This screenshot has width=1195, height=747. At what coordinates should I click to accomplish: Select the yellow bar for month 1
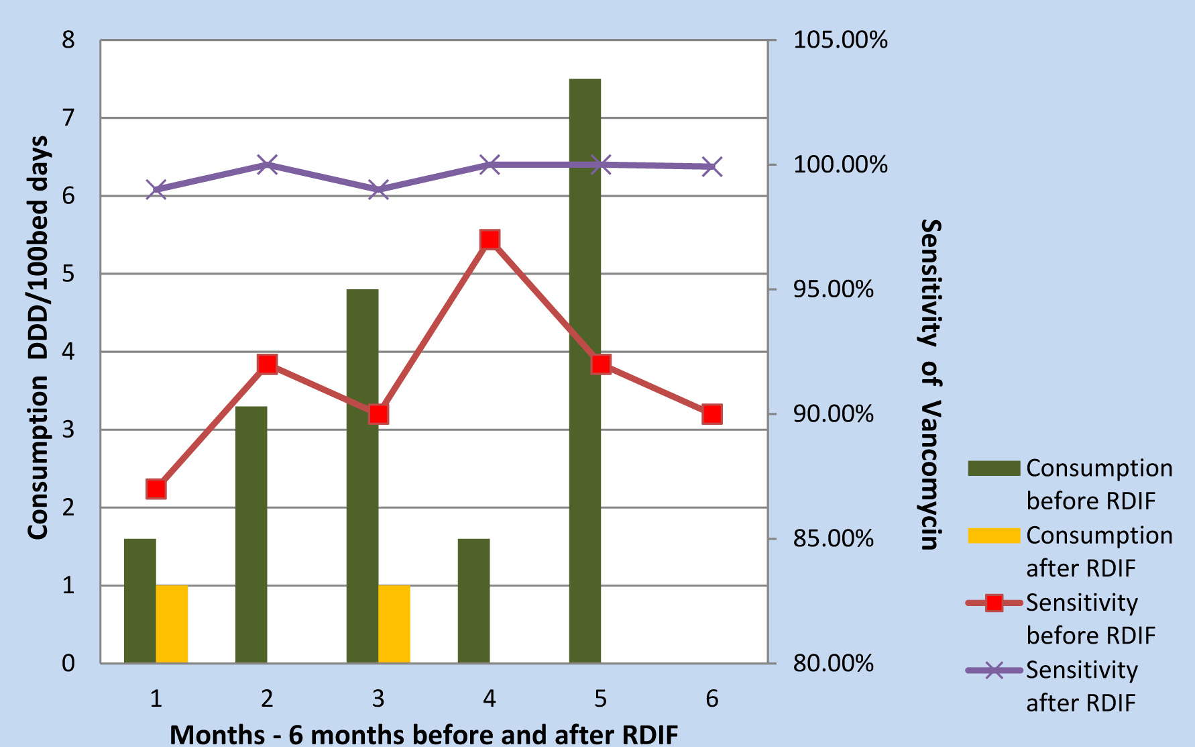[172, 624]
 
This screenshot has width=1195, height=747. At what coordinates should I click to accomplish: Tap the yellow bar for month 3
[394, 624]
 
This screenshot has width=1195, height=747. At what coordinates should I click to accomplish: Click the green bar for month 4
[473, 601]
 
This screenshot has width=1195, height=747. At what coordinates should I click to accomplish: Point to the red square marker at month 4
[490, 240]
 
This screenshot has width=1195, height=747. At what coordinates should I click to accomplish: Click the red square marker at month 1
[156, 489]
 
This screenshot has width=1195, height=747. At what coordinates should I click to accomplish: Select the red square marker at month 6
[712, 414]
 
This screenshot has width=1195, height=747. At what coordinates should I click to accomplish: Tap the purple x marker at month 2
[268, 164]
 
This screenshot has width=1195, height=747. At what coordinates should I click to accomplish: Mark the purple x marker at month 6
[712, 166]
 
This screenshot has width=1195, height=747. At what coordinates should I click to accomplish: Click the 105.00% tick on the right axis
[840, 40]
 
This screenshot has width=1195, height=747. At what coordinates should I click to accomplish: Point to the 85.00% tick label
[834, 538]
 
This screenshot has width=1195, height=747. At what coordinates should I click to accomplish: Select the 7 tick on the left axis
[68, 118]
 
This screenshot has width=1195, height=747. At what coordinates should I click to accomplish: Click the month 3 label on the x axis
[378, 699]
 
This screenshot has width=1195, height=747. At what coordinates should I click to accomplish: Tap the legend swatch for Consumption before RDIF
[994, 468]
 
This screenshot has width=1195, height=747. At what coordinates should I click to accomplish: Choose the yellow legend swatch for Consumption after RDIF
[994, 536]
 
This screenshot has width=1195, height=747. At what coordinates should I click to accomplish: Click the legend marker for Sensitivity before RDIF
[994, 603]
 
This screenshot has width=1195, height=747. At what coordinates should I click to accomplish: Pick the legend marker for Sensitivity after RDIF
[994, 670]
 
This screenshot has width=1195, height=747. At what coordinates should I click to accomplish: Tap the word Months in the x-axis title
[217, 734]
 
